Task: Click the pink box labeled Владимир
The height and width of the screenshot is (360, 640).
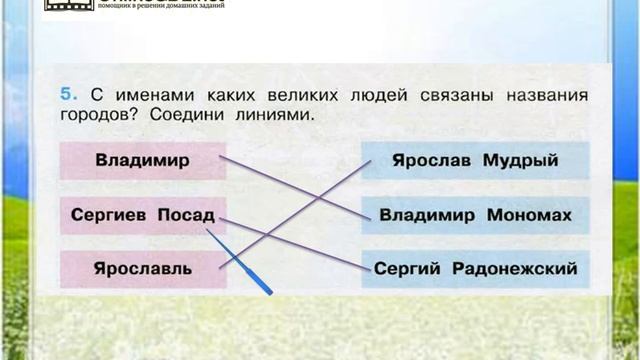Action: (143, 160)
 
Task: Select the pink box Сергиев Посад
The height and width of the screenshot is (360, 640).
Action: (143, 215)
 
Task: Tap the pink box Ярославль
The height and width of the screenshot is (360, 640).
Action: (143, 269)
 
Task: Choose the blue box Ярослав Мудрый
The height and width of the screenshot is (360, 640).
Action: (475, 160)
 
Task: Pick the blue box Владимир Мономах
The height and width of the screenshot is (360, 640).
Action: (475, 215)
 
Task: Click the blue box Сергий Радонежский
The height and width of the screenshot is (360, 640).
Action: (475, 269)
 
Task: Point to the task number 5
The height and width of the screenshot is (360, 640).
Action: (66, 95)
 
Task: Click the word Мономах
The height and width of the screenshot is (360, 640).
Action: (529, 215)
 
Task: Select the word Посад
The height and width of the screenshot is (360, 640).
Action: (187, 215)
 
